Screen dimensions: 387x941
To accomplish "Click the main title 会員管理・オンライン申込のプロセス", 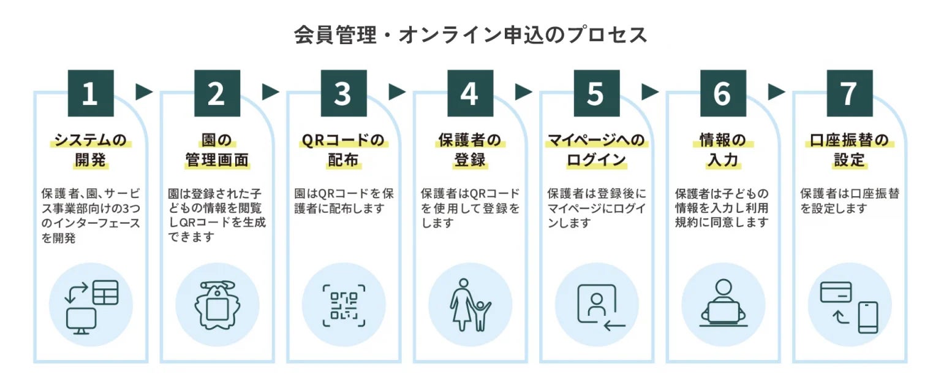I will [x=470, y=35].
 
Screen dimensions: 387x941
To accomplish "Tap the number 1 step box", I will [x=90, y=93].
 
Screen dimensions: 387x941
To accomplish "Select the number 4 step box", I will [x=469, y=93].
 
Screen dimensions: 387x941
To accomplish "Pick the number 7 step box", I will [x=849, y=93].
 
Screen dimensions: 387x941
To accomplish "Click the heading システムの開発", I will [x=90, y=150].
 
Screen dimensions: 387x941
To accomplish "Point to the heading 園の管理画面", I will [x=216, y=150].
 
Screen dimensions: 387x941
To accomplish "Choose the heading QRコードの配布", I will [x=342, y=150].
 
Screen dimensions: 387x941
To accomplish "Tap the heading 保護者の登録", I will [x=469, y=150].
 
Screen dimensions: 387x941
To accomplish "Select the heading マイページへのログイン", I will [x=595, y=150].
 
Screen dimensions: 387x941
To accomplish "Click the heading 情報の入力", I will [x=722, y=150].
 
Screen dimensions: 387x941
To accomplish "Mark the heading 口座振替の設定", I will [x=849, y=150].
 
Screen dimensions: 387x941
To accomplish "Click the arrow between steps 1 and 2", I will [x=144, y=92].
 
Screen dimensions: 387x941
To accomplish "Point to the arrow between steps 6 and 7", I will [x=776, y=92].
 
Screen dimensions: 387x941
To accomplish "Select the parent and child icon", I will [x=470, y=305].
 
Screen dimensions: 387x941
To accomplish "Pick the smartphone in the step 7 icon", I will [x=867, y=317].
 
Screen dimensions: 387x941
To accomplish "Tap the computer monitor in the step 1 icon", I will [x=81, y=321].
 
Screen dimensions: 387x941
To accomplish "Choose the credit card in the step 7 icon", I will [x=836, y=292].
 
